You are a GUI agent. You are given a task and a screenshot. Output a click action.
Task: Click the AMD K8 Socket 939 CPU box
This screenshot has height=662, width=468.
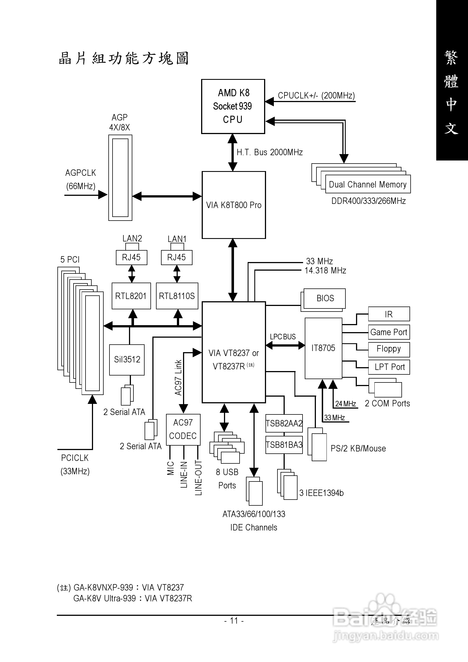(x=233, y=106)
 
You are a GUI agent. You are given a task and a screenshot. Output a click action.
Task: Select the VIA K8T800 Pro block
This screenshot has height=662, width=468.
(x=233, y=205)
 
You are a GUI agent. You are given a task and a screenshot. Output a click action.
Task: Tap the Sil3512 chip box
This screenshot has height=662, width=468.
(x=127, y=360)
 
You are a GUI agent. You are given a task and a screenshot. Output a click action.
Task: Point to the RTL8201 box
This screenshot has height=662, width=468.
(x=131, y=296)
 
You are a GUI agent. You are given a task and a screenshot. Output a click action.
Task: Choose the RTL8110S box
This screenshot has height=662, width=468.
(x=177, y=296)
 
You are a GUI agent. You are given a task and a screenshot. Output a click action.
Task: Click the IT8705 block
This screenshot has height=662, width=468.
(x=323, y=348)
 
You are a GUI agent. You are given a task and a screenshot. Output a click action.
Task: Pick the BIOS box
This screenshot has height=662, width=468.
(x=325, y=298)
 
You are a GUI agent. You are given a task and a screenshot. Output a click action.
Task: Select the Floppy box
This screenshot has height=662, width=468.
(x=389, y=349)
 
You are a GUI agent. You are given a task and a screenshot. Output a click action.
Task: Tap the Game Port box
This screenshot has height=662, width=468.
(x=389, y=332)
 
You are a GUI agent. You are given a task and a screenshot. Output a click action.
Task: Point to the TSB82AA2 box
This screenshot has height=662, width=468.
(x=284, y=423)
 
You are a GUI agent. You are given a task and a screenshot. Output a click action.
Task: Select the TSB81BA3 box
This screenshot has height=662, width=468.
(x=284, y=445)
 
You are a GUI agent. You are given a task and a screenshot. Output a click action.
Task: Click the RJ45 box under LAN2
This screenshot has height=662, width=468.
(x=131, y=257)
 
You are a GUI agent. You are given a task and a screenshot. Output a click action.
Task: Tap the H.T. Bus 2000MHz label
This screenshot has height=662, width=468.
(x=270, y=152)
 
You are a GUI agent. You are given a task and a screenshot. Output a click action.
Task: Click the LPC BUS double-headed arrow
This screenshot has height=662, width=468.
(x=285, y=345)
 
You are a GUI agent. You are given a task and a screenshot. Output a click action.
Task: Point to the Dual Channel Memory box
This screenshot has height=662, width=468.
(x=367, y=184)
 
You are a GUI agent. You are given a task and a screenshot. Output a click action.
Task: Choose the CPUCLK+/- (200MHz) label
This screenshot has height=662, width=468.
(x=316, y=95)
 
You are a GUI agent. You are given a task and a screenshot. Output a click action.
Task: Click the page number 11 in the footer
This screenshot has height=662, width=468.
(x=234, y=621)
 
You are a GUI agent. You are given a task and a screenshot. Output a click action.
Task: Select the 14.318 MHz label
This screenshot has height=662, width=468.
(x=325, y=270)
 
